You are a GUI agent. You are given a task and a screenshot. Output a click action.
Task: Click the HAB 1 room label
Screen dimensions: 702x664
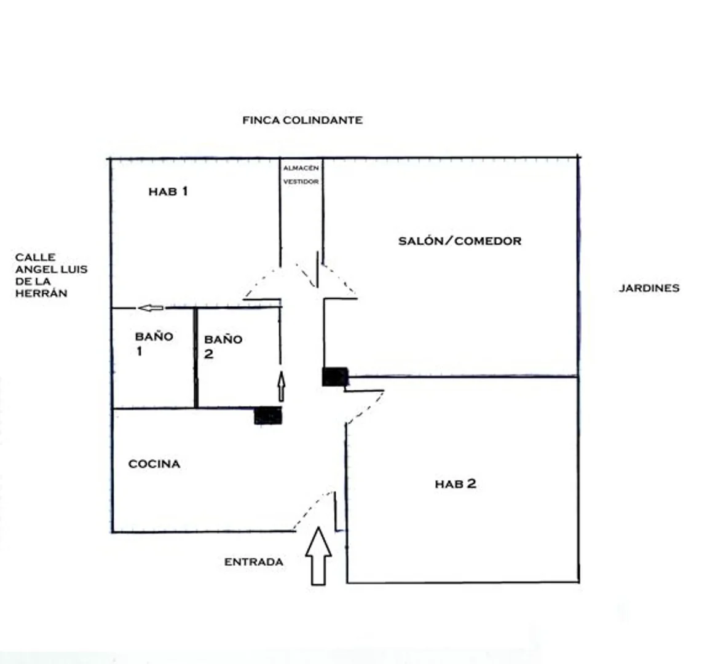point(168,192)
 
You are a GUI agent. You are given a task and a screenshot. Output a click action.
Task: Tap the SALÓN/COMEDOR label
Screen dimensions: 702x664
point(460,241)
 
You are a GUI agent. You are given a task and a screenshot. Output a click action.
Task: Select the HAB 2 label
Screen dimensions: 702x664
point(456,484)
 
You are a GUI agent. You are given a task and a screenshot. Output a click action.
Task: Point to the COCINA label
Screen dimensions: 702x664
point(154,464)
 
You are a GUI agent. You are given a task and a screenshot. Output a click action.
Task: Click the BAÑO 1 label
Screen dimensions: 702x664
point(154,344)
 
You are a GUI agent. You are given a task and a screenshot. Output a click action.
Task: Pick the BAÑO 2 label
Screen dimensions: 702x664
point(223,347)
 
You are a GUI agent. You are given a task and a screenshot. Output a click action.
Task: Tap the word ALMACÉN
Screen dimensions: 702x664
point(301,168)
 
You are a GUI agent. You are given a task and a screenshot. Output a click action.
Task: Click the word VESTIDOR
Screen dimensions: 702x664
point(301,182)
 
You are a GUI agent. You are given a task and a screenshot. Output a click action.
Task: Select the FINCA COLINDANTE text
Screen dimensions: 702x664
point(302,120)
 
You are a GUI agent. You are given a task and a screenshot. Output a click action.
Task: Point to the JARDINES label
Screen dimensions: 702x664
point(649,288)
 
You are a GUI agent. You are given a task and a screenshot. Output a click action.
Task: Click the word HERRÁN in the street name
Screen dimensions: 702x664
point(41,293)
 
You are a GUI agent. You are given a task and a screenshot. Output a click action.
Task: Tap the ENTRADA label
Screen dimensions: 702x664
point(253,562)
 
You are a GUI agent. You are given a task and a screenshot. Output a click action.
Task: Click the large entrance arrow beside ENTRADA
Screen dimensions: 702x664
point(318,556)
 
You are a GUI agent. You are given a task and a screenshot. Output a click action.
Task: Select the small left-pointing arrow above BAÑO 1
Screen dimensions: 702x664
point(151,307)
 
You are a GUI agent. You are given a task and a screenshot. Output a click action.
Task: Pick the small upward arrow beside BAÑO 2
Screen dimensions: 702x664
point(281,386)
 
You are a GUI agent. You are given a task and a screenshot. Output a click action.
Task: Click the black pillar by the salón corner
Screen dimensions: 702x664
point(335,376)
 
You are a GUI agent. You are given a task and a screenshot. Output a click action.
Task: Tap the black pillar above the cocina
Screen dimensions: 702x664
point(268,416)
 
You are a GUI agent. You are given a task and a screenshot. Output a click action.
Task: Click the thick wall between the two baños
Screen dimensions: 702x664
point(195,358)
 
